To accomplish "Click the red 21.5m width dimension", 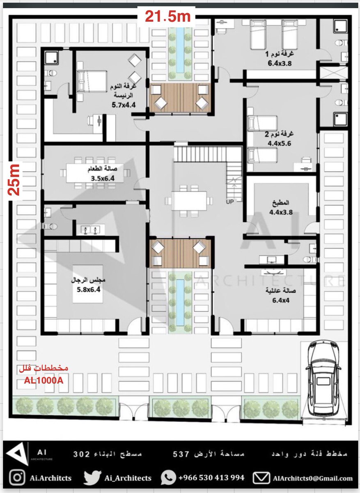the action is point(167,16).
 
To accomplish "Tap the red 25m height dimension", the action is point(14,180).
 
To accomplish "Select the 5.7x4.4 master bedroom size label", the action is point(124,105).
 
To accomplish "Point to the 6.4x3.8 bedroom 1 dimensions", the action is point(280,63).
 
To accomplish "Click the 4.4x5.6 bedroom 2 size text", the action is point(279,143).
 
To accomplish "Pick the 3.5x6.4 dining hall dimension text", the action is point(103,178).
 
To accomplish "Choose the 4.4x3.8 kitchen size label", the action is point(281,212).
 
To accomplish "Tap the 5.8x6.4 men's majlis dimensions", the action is point(88,290).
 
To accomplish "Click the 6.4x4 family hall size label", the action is point(281,300).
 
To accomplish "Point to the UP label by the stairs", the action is point(230,201).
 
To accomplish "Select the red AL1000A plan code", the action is point(44,380).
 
